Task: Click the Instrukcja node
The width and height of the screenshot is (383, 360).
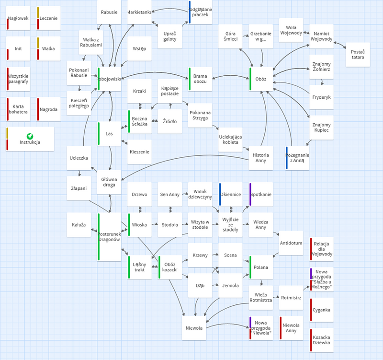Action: click(x=30, y=139)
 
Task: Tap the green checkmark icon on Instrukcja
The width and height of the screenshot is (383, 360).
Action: click(x=30, y=136)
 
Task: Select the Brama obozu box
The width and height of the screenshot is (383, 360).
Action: click(x=200, y=79)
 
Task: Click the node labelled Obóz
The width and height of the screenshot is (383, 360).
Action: click(x=261, y=79)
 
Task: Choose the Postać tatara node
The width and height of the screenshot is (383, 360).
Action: click(x=357, y=54)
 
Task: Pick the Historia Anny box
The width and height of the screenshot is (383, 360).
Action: click(x=260, y=158)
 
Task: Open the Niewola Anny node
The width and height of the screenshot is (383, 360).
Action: click(x=291, y=328)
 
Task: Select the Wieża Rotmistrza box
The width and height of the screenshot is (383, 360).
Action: click(x=260, y=297)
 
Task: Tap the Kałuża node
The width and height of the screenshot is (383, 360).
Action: click(x=79, y=224)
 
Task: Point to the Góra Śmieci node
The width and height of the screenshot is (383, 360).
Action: click(x=231, y=36)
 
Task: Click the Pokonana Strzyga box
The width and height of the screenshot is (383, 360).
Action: click(x=200, y=115)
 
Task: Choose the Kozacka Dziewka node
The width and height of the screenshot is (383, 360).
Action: click(x=322, y=340)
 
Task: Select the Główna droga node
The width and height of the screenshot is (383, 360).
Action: click(x=110, y=182)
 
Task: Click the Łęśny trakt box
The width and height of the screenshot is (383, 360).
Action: click(x=140, y=267)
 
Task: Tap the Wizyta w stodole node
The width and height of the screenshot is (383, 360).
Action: click(x=200, y=224)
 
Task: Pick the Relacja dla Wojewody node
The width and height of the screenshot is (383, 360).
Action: click(x=322, y=248)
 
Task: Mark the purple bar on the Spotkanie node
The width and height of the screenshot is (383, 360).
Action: click(x=250, y=194)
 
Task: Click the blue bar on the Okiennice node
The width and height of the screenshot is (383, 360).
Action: click(x=220, y=194)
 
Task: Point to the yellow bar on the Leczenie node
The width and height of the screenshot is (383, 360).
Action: click(x=38, y=13)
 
